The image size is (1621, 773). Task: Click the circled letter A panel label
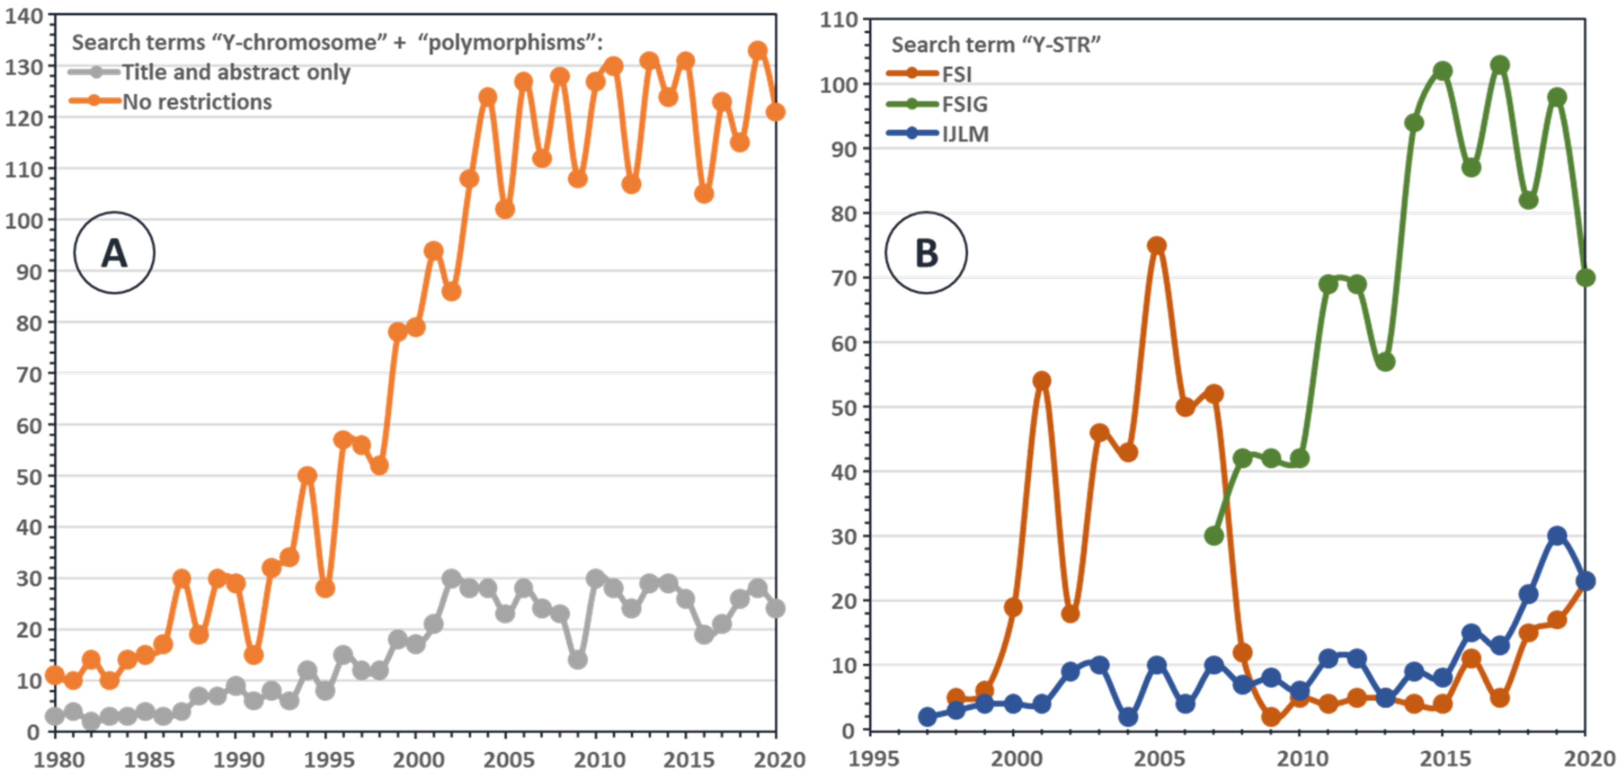[x=114, y=253]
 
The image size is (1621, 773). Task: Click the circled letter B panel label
[x=926, y=253]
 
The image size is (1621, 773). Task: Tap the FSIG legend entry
[x=964, y=104]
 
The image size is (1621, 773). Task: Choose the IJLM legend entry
[x=965, y=134]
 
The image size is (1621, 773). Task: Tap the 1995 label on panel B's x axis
[x=874, y=758]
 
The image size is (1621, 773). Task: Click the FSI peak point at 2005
[x=1156, y=246]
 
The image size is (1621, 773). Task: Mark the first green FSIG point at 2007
[x=1214, y=536]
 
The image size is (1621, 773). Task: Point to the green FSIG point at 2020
[x=1585, y=278]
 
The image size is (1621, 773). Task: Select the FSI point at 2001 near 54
[x=1042, y=380]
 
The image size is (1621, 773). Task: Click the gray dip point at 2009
[x=577, y=660]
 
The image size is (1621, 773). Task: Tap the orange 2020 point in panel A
[x=775, y=112]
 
